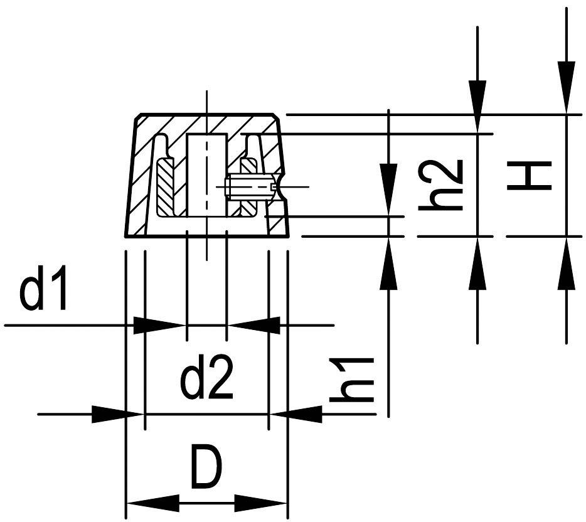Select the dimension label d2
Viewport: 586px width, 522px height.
tap(207, 378)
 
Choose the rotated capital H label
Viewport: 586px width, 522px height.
tap(530, 176)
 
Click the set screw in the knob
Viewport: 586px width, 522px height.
tap(248, 186)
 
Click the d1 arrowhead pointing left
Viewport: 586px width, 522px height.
tap(253, 325)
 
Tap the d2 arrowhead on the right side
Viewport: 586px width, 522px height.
tap(295, 414)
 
